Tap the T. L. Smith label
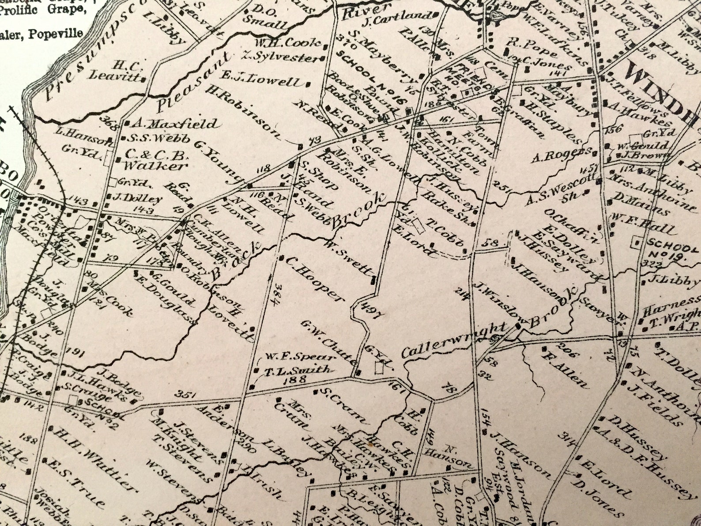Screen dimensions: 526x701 pyautogui.click(x=298, y=370)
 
